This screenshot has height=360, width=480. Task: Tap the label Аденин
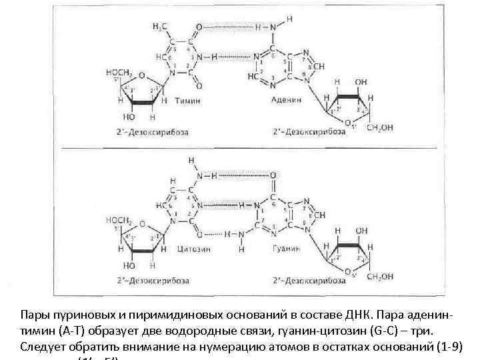tap(286, 99)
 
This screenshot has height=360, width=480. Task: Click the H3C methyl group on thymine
tap(160, 25)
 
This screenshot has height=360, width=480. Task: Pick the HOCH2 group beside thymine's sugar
tap(117, 71)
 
